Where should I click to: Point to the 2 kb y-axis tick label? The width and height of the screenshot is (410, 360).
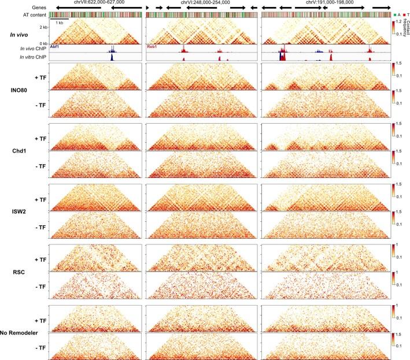pos(40,27)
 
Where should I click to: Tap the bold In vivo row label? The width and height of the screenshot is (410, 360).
pos(20,35)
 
